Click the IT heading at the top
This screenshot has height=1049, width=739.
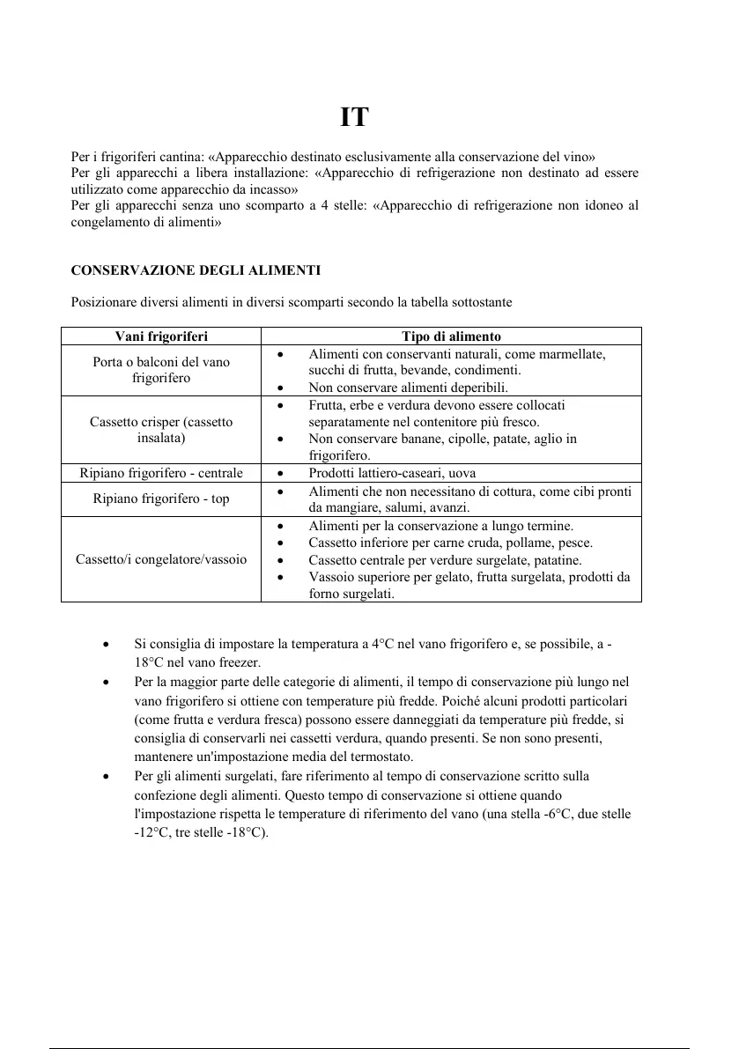click(354, 118)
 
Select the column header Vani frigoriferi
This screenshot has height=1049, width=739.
click(161, 336)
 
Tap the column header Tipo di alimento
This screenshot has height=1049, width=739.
click(451, 336)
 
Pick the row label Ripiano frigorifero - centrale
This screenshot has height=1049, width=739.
click(161, 473)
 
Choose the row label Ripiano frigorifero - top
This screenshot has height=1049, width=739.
click(161, 499)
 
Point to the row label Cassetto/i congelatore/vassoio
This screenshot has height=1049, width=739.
click(161, 559)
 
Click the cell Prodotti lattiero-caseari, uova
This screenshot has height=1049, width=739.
click(392, 473)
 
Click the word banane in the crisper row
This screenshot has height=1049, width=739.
click(421, 439)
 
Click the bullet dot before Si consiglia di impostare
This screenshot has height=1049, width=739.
click(106, 645)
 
